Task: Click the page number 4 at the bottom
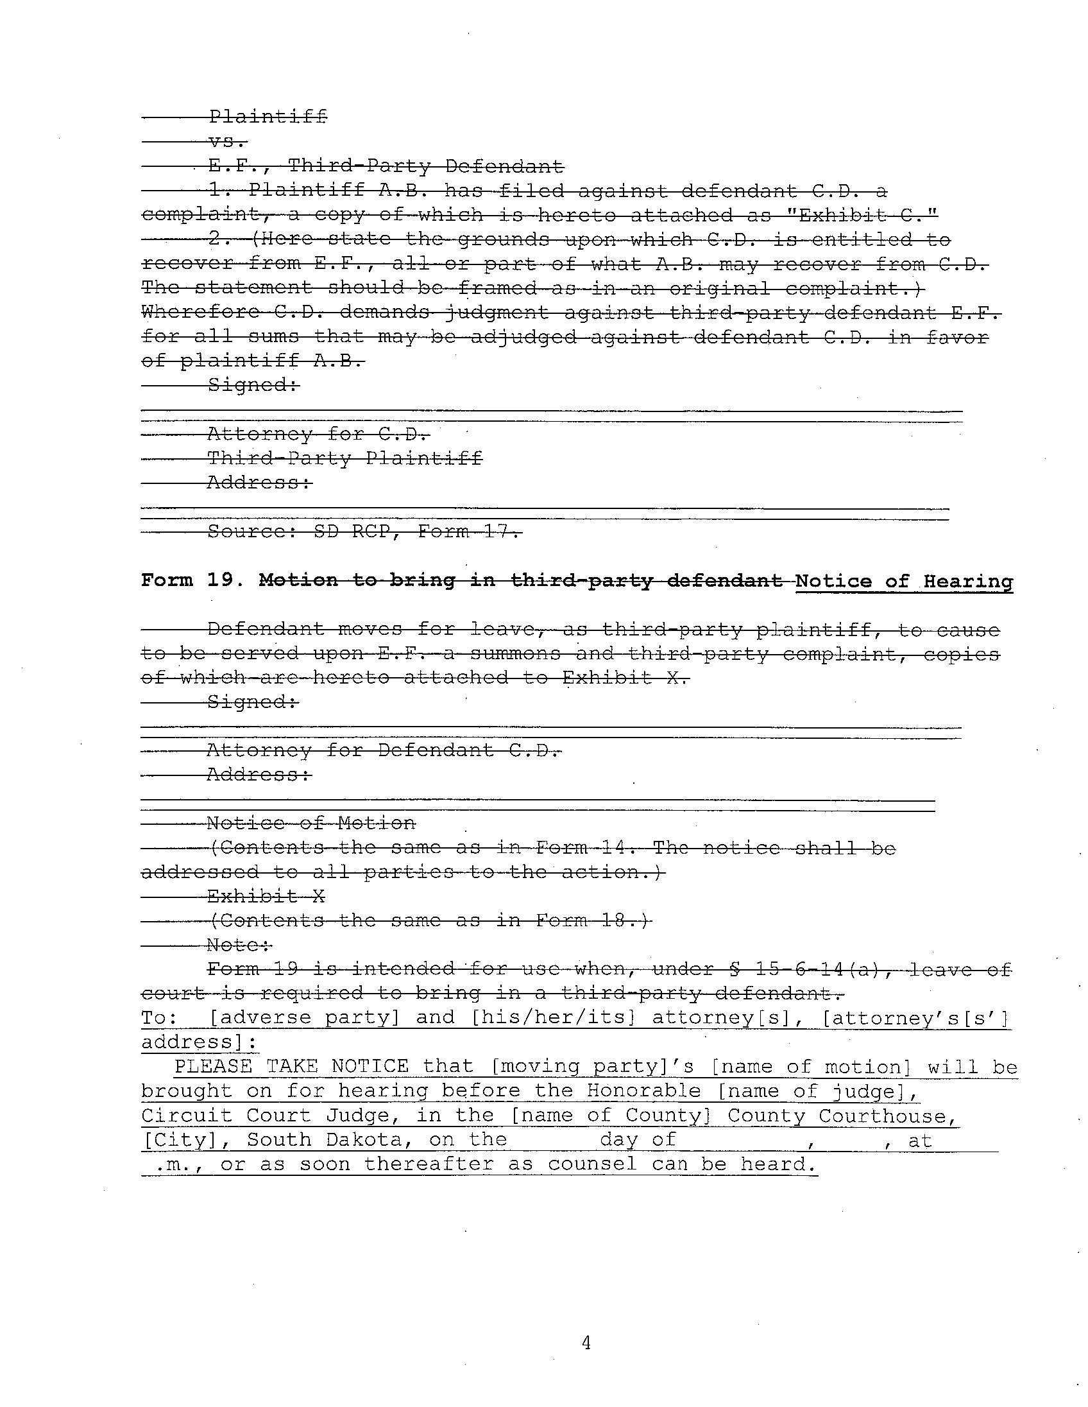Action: pyautogui.click(x=586, y=1343)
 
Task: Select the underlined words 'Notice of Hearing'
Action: pyautogui.click(x=904, y=581)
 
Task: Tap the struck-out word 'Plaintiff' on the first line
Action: pyautogui.click(x=268, y=117)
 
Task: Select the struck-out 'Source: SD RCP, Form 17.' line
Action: pyautogui.click(x=364, y=532)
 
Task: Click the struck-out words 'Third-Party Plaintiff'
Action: pyautogui.click(x=344, y=459)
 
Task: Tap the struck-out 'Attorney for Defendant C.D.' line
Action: pyautogui.click(x=384, y=750)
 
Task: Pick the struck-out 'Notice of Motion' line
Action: pyautogui.click(x=311, y=824)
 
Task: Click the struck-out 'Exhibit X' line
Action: pyautogui.click(x=266, y=896)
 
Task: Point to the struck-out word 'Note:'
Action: pyautogui.click(x=239, y=945)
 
